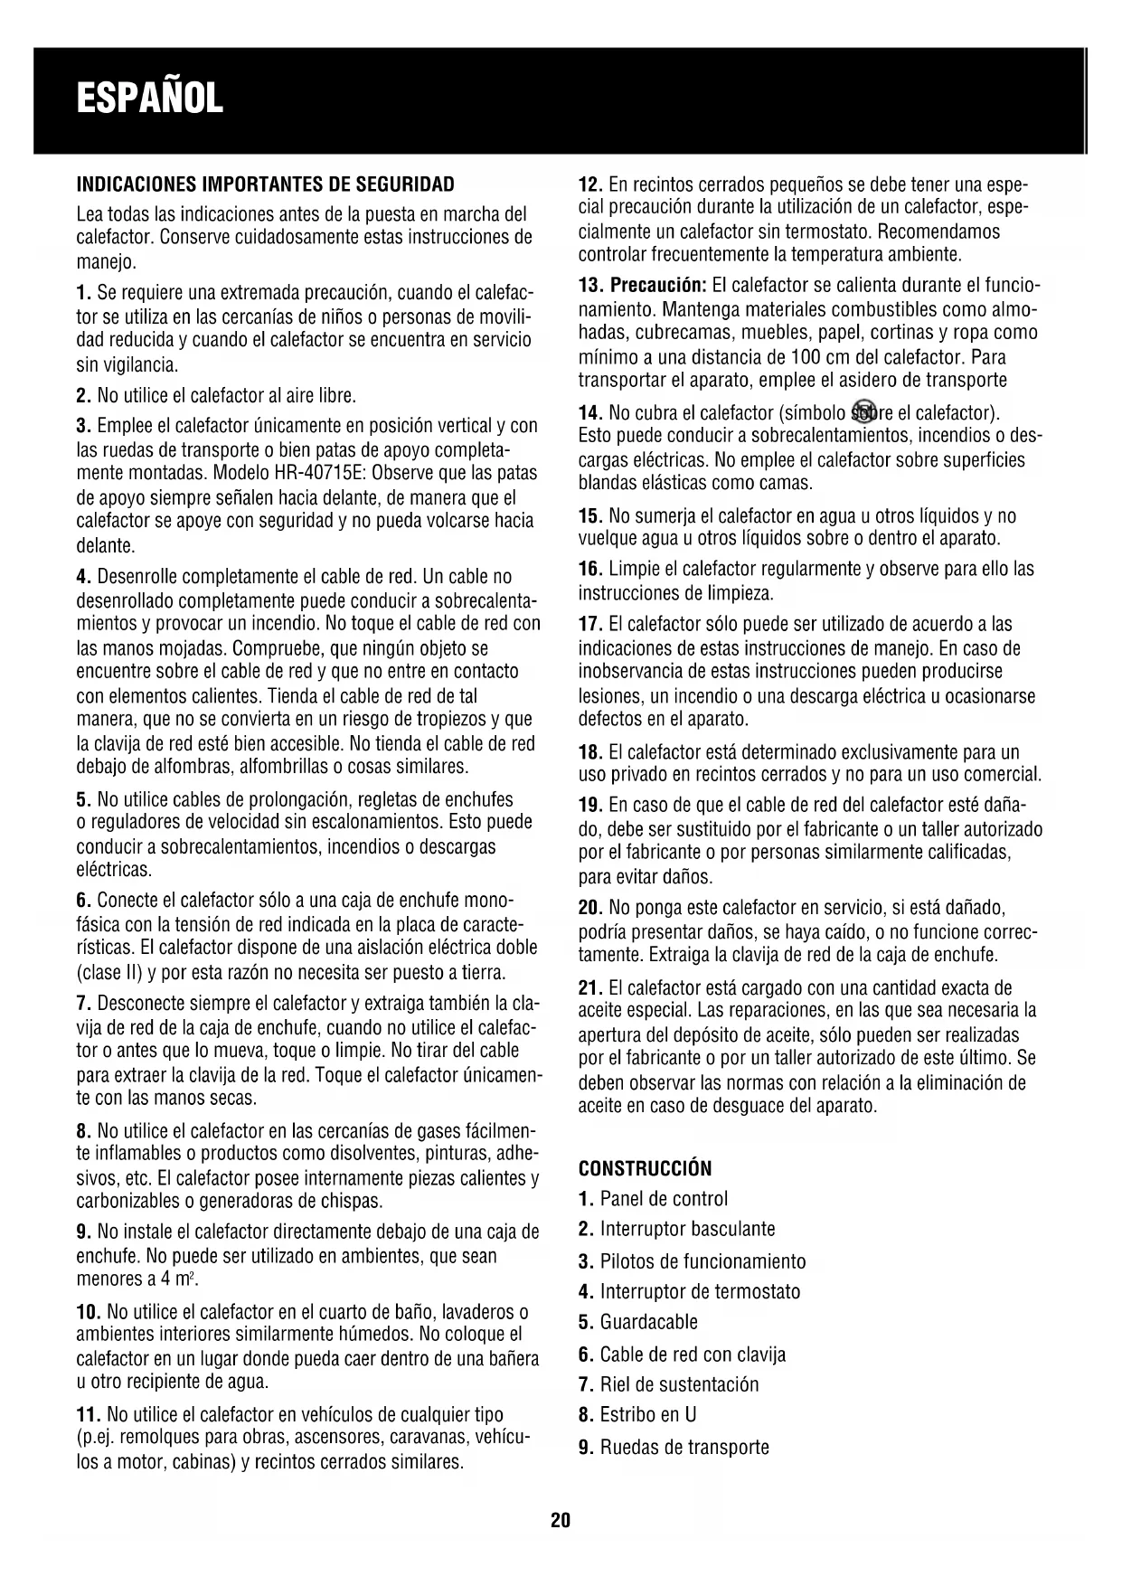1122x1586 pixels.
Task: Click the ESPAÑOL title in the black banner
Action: point(149,99)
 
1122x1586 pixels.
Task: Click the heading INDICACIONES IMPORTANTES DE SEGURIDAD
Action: point(265,184)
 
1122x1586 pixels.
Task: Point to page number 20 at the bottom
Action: point(561,1520)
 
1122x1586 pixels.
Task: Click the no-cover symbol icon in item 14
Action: point(865,412)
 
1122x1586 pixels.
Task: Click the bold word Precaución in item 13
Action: point(658,286)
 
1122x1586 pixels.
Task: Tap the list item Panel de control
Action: point(664,1199)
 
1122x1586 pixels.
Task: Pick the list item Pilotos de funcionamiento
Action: point(702,1261)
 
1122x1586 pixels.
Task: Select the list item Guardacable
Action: point(648,1322)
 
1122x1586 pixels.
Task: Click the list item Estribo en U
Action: point(647,1414)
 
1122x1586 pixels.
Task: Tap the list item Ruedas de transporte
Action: point(684,1447)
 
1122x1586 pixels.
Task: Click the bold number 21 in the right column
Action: point(588,987)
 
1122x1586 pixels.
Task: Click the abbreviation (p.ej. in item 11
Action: point(93,1438)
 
